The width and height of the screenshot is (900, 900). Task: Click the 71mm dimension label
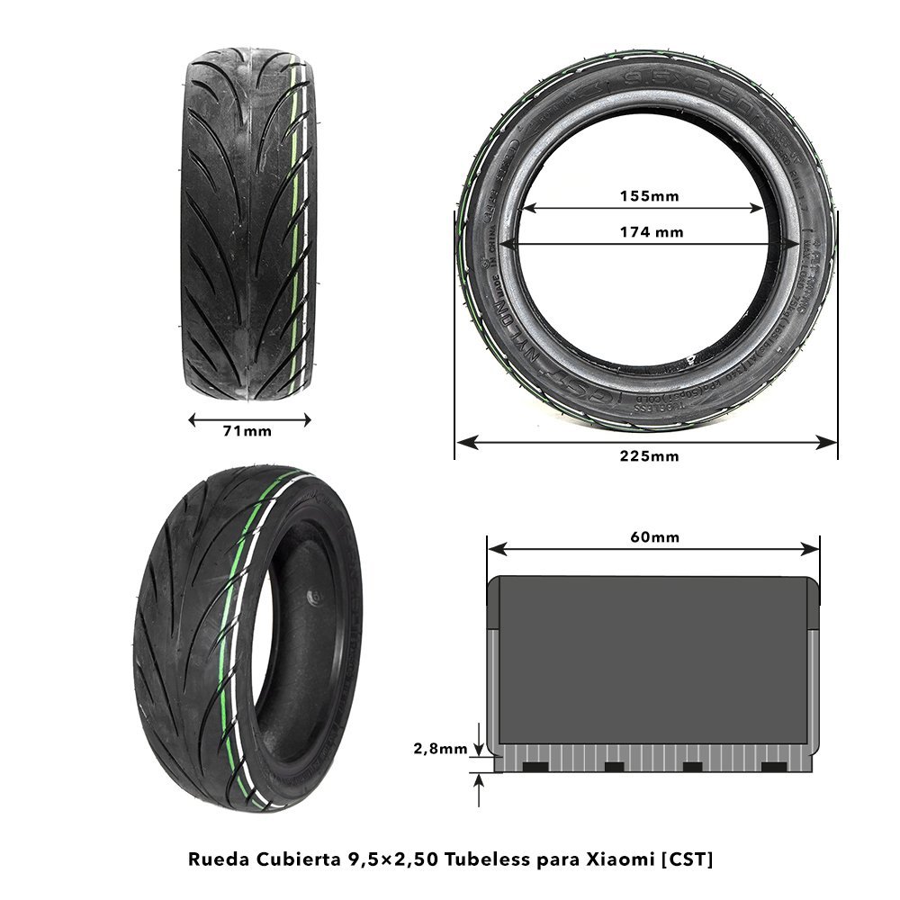(x=247, y=432)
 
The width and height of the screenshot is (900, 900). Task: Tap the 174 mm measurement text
(x=652, y=232)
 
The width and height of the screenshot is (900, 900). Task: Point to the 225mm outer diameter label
(x=649, y=456)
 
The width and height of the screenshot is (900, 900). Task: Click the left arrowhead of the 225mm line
(x=461, y=441)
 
